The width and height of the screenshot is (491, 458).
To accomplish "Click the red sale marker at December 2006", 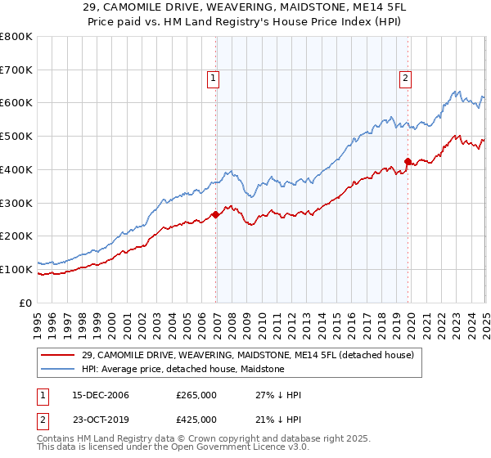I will (x=216, y=214).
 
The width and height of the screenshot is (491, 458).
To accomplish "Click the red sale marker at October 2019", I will (x=408, y=161).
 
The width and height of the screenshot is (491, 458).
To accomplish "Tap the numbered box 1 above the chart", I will (x=213, y=79).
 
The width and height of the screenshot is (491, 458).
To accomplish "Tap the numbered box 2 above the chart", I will (x=405, y=79).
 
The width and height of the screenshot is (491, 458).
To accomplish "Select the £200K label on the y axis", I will (x=17, y=236).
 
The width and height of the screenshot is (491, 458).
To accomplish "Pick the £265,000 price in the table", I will (x=196, y=395).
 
